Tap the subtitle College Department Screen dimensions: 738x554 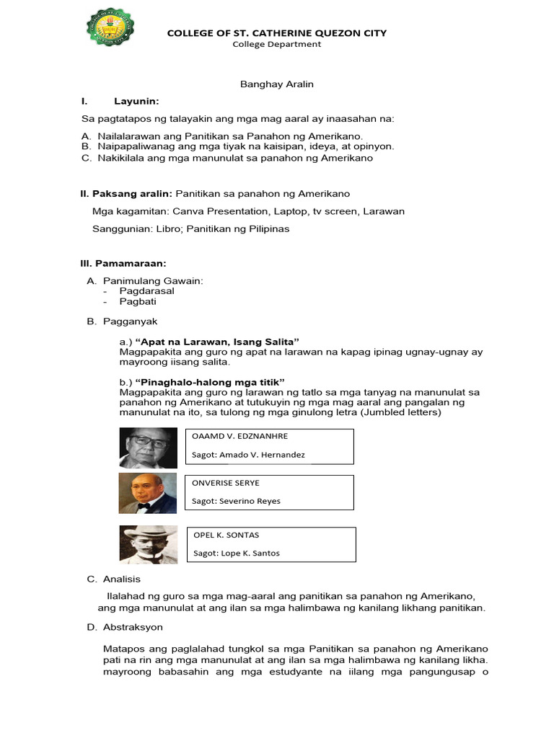(276, 44)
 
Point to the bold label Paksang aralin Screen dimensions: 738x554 (126, 194)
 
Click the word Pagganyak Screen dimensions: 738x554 (130, 321)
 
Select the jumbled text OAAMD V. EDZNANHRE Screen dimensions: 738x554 (239, 437)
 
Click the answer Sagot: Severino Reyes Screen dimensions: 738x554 (236, 501)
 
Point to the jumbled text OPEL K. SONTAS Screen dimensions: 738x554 (227, 535)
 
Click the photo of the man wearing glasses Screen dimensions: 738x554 (148, 448)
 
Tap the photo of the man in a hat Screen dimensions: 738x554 (148, 544)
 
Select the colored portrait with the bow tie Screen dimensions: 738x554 (148, 494)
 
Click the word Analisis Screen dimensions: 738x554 (122, 579)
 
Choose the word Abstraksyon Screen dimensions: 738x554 (133, 627)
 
